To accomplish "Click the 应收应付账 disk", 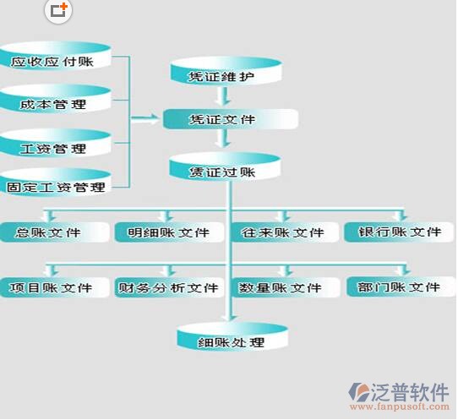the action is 55,56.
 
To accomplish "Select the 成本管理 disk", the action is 55,100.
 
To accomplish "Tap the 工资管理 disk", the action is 55,143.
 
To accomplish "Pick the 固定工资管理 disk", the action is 55,183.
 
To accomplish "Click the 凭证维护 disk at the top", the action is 226,71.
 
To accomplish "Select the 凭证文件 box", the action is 231,119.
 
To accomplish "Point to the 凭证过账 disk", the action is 225,166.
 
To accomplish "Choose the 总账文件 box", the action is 54,232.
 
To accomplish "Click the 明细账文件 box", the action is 169,232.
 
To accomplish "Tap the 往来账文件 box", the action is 285,232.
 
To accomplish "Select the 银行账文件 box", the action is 399,232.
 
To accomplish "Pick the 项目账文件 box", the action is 54,287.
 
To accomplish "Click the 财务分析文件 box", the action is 169,287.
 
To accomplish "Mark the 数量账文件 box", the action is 286,287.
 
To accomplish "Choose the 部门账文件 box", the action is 401,287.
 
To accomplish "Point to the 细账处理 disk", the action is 232,336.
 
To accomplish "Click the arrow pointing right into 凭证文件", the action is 145,118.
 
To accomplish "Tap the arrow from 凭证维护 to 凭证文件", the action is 223,96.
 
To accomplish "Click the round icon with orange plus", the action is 58,11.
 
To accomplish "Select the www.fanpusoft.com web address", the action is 400,406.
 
